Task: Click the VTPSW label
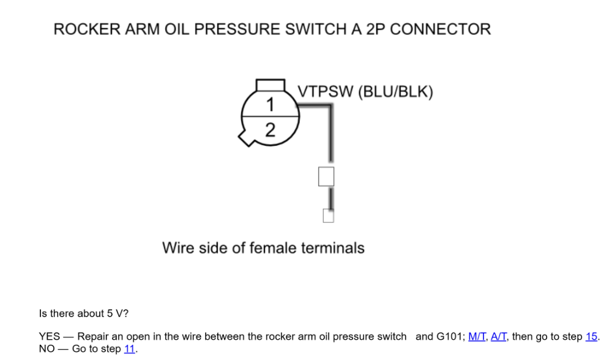(326, 92)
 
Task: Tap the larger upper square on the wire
(326, 176)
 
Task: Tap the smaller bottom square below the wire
(329, 216)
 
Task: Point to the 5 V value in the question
(114, 313)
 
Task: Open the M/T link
(477, 337)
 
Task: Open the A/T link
(499, 337)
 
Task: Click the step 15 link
(592, 337)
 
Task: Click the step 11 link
(130, 350)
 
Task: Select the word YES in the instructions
(49, 337)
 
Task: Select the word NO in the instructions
(47, 350)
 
